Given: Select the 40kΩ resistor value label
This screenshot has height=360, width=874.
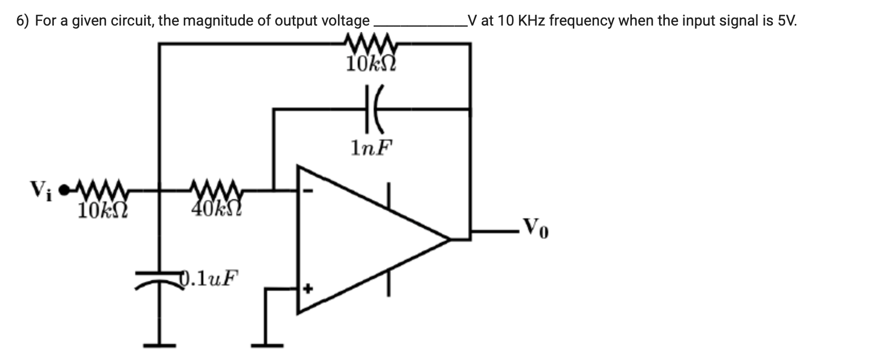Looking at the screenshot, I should [217, 209].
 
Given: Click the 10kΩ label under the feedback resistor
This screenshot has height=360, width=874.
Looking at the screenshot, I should [371, 64].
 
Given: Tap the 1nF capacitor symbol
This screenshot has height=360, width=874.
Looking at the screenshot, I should [371, 109].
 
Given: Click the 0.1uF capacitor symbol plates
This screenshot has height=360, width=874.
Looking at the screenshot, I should [160, 279].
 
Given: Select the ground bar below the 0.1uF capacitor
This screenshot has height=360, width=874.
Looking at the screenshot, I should [160, 345].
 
